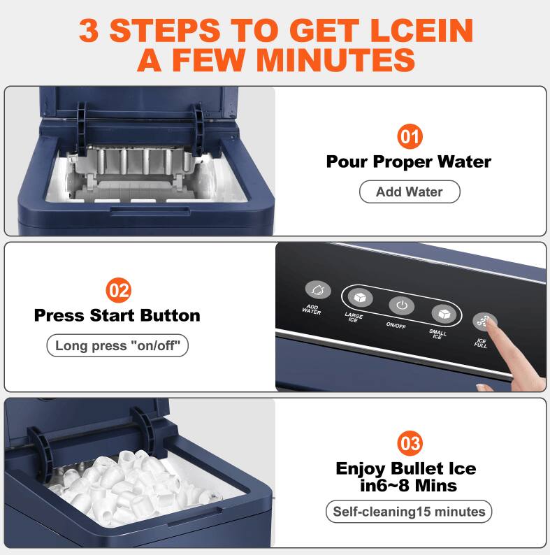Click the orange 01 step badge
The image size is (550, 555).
(x=410, y=136)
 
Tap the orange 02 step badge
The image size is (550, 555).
(x=117, y=289)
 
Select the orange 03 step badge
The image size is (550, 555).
(x=410, y=443)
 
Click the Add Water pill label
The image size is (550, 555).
(x=410, y=192)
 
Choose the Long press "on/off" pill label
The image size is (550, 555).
(x=117, y=345)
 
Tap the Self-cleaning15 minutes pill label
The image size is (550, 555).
(x=409, y=512)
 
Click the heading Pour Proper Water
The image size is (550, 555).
(x=409, y=161)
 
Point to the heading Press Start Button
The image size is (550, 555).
(x=117, y=315)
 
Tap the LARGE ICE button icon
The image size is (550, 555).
(x=360, y=296)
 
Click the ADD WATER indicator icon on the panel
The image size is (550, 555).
(x=317, y=289)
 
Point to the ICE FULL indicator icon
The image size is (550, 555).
(x=484, y=322)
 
